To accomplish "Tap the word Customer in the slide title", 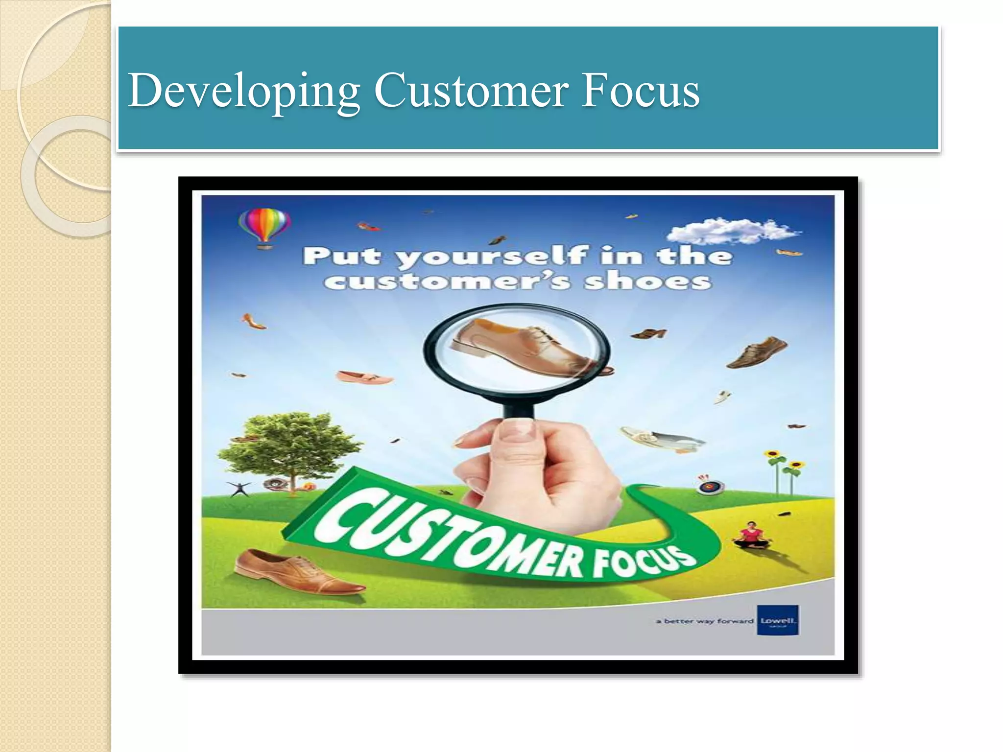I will coord(471,91).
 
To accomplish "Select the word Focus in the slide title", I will coord(641,91).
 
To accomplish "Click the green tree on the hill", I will coord(289,446).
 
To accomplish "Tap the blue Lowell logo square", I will coord(778,620).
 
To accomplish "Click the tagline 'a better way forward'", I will coord(705,621).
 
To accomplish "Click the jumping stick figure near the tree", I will coord(239,488).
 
